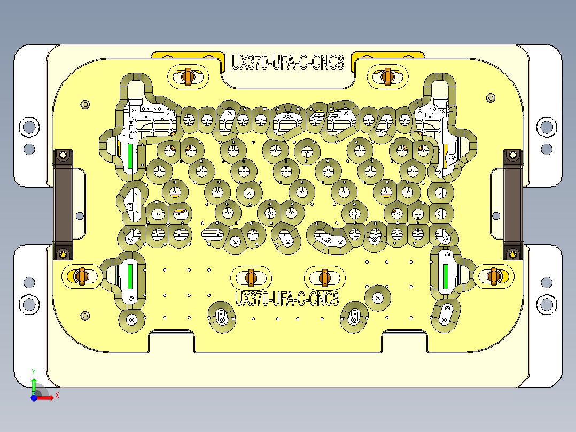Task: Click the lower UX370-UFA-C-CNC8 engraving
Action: coord(287,298)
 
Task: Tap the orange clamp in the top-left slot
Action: coord(187,76)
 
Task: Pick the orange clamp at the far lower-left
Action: coord(81,276)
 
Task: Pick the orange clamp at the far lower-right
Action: coord(494,276)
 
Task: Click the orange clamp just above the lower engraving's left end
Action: coord(250,277)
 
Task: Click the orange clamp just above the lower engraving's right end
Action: coord(324,277)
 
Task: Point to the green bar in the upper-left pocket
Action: coord(130,155)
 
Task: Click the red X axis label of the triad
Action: coord(57,396)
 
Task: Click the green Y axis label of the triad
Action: coord(34,371)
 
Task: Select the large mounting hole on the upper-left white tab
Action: coord(29,127)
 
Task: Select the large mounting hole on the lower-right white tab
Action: coord(546,304)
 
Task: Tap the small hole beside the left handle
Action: coord(80,216)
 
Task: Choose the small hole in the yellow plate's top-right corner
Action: coord(491,98)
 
